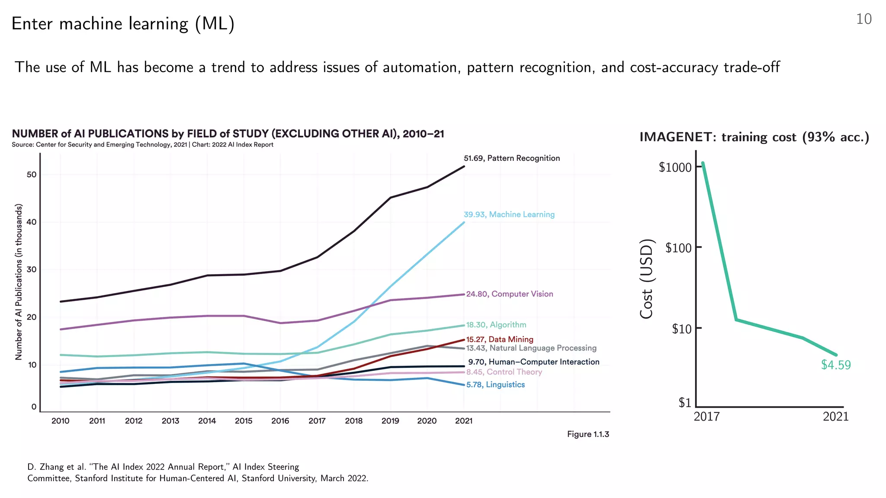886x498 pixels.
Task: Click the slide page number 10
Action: (864, 19)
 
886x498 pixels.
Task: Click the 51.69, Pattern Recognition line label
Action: (511, 158)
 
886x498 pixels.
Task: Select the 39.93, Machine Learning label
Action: (509, 214)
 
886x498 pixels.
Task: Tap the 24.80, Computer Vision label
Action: (509, 294)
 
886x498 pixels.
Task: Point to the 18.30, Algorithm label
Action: (496, 325)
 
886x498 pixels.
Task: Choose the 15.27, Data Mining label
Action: (499, 339)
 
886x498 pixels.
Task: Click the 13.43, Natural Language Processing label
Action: (531, 348)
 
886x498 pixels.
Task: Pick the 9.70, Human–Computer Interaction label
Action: (533, 362)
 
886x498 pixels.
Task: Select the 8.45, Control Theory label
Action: (504, 372)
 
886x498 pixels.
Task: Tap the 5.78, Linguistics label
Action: (495, 385)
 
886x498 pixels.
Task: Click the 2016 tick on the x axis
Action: (280, 421)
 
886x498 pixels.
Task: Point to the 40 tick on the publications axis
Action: (32, 222)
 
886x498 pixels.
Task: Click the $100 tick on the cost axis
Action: (678, 248)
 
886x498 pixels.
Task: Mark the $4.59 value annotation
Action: (835, 365)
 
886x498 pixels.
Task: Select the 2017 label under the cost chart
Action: (706, 417)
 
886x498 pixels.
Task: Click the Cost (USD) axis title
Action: (646, 279)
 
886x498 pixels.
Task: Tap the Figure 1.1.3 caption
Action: (587, 434)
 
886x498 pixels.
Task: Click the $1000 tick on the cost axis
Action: (675, 167)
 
